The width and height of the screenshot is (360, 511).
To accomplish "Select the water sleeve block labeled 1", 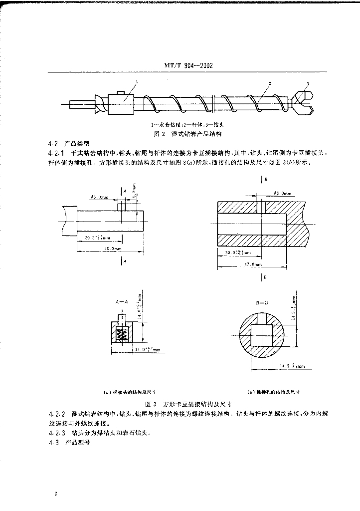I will point(122,104).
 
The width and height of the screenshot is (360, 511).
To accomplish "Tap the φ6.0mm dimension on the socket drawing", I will point(282,193).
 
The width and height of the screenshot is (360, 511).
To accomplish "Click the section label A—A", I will point(121,302).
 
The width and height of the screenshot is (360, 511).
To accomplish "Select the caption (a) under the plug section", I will point(131,392).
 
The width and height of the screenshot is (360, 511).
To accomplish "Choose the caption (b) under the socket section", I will point(273,392).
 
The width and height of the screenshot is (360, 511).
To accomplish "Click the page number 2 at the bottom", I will point(56,494).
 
